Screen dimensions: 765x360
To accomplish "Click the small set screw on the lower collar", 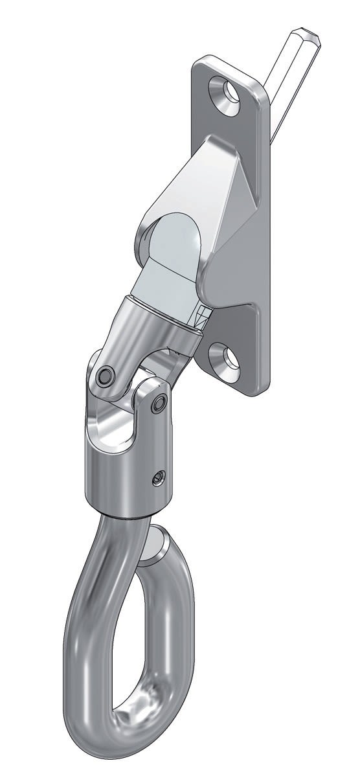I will pyautogui.click(x=157, y=478).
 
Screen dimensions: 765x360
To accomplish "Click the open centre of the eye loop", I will pyautogui.click(x=142, y=622).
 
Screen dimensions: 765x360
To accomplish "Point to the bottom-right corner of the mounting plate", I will pyautogui.click(x=259, y=389).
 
